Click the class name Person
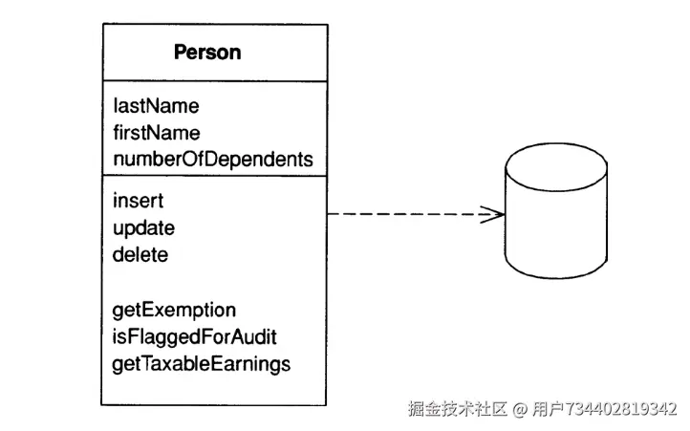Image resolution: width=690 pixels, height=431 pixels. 207,53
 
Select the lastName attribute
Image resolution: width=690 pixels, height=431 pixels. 156,106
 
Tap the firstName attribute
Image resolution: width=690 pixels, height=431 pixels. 157,133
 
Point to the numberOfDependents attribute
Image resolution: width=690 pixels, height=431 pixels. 213,160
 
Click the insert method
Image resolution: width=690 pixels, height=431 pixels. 139,201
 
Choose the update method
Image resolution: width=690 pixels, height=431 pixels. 144,228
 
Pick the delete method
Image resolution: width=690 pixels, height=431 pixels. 140,255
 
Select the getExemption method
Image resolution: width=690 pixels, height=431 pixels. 174,311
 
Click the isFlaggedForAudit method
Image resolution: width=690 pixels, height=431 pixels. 195,337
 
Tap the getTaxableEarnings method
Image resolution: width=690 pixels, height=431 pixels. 202,364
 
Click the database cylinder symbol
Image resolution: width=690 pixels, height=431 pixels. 556,211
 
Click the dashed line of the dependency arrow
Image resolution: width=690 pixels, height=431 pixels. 416,214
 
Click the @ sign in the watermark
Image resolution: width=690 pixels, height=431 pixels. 520,409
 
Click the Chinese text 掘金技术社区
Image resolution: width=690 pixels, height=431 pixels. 458,409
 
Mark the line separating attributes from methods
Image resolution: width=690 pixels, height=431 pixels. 214,176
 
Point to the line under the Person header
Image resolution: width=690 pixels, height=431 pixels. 215,81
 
